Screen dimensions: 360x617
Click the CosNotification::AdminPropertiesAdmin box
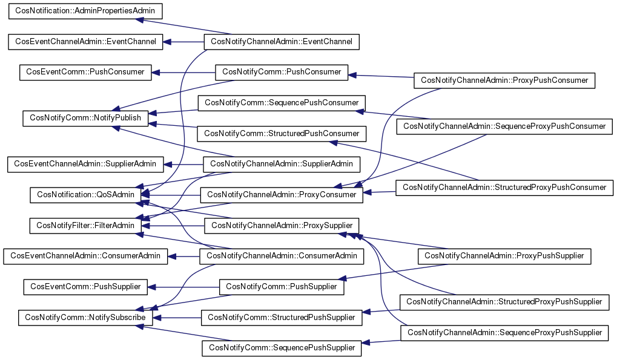click(87, 12)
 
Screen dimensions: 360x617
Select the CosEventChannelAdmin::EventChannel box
click(85, 42)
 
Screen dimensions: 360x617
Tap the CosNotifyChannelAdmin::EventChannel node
click(282, 42)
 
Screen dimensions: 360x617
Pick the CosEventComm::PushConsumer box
click(85, 72)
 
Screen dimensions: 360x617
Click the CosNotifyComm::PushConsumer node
click(282, 72)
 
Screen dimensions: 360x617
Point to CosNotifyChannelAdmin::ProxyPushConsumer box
click(504, 80)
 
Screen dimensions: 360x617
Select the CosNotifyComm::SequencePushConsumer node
click(282, 103)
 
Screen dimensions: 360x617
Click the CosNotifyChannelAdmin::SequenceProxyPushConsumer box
click(504, 126)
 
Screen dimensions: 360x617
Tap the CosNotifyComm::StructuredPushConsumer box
click(282, 133)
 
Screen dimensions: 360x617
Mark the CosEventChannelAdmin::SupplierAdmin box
click(85, 164)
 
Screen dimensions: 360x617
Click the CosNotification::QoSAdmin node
click(85, 195)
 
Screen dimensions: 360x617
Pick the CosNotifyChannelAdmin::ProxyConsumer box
click(282, 195)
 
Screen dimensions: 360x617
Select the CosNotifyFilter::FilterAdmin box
click(85, 226)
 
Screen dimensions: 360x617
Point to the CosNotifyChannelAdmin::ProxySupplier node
click(282, 226)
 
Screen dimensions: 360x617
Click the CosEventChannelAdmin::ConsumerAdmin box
click(85, 257)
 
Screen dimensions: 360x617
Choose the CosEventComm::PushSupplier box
click(85, 287)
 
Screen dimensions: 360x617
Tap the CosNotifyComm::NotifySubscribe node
click(85, 317)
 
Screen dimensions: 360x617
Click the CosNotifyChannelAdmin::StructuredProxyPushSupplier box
click(504, 301)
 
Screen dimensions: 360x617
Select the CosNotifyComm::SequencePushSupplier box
click(282, 348)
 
